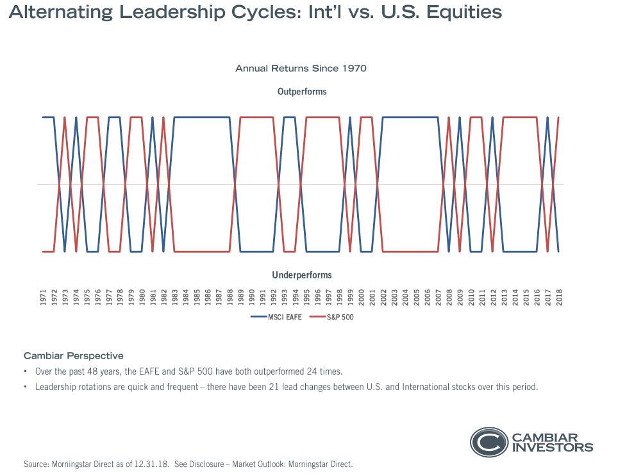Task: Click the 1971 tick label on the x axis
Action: tap(43, 298)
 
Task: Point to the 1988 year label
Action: tap(230, 298)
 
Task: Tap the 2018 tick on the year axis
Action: tap(559, 298)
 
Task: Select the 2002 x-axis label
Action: tap(383, 298)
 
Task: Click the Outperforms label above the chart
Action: tap(302, 92)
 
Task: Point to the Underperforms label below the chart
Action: tap(302, 275)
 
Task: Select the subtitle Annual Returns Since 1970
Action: tap(301, 68)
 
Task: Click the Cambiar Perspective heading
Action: tap(74, 355)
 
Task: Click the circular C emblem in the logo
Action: tap(489, 441)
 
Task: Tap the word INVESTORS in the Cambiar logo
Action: tap(552, 447)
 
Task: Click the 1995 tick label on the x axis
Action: tap(306, 298)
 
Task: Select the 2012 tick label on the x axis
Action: tap(493, 298)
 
